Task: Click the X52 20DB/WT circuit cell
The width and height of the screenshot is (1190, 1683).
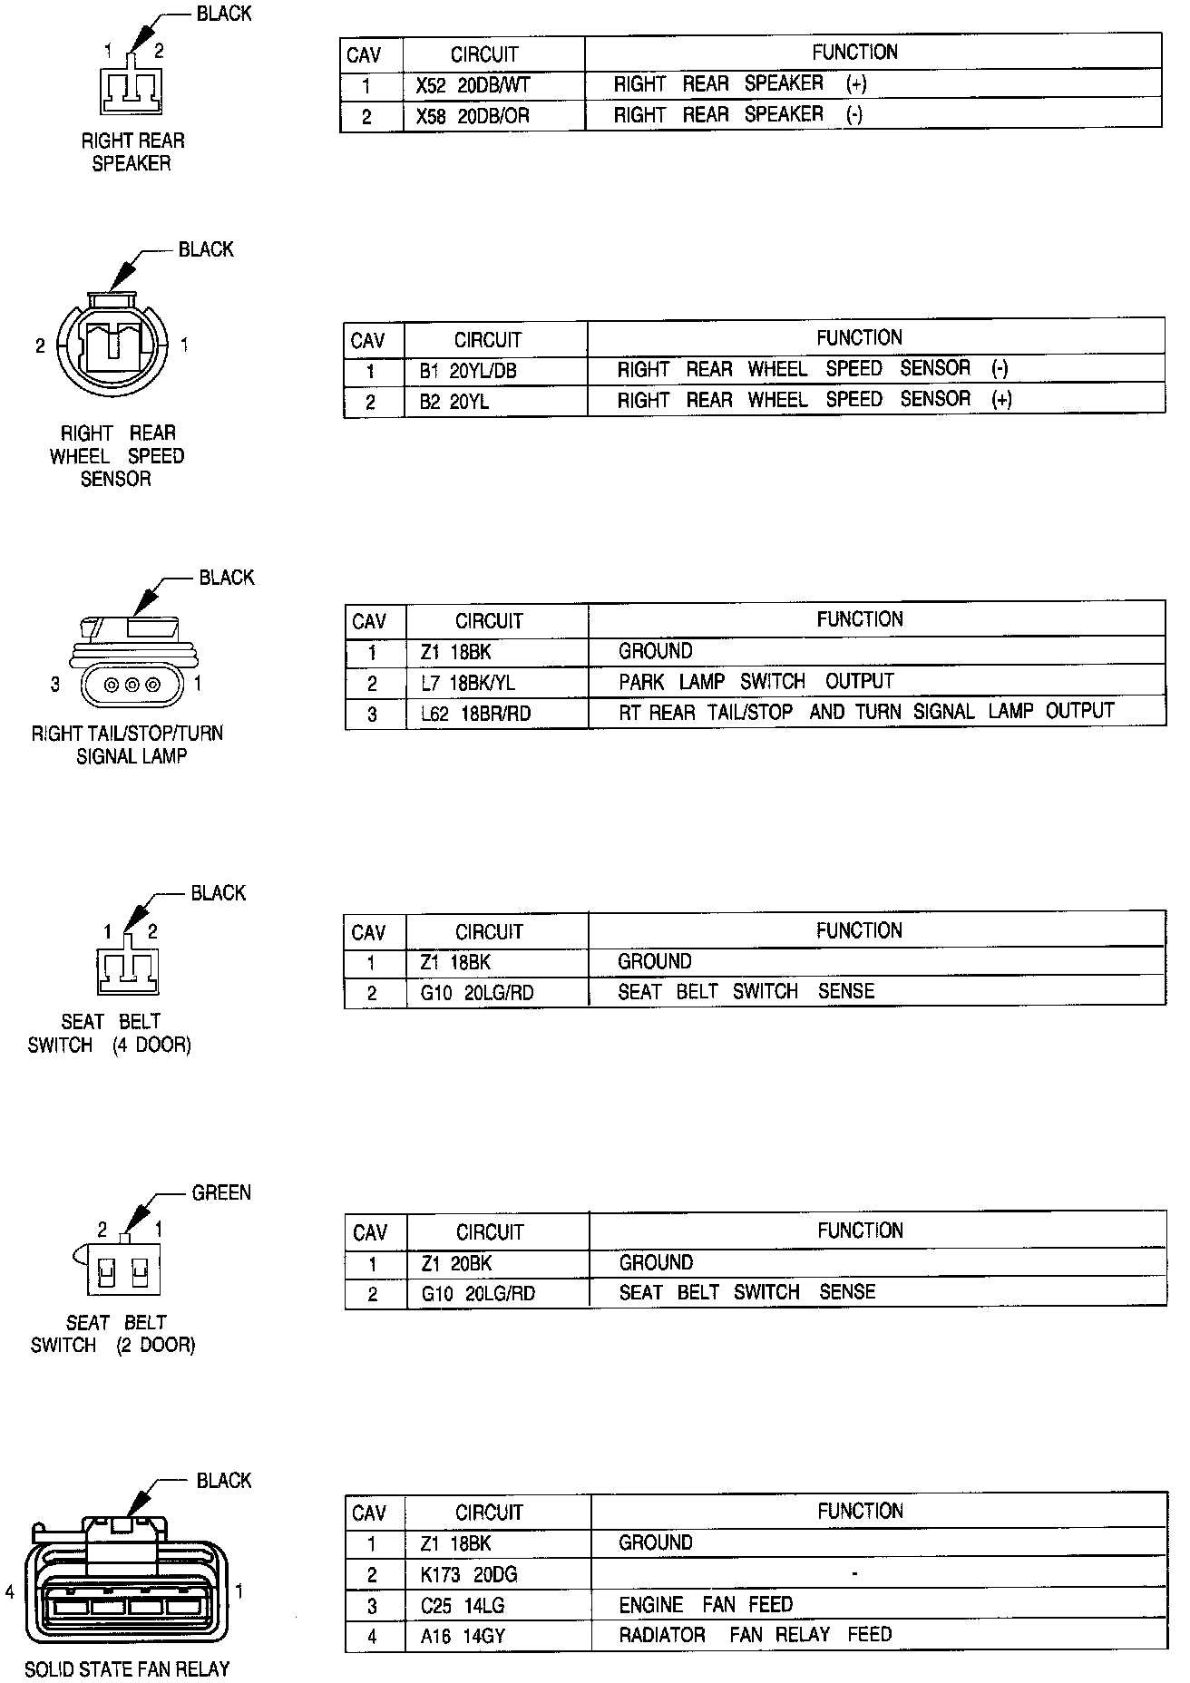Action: pos(473,86)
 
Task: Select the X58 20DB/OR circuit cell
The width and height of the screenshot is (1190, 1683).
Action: pos(473,117)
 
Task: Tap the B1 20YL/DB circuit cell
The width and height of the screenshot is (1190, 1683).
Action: pos(468,371)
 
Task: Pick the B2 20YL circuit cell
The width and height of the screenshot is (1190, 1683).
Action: pos(454,402)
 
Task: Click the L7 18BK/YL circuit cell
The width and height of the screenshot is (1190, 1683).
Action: pos(468,683)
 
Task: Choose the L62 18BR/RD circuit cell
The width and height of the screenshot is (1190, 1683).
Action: pos(476,714)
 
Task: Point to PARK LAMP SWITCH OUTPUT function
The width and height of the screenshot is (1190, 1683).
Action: pos(756,682)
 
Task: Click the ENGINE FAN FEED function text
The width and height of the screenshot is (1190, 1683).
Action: pos(706,1604)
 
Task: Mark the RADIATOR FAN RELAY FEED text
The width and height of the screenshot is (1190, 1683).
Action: pos(756,1635)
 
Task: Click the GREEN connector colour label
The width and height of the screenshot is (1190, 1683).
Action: pos(221,1192)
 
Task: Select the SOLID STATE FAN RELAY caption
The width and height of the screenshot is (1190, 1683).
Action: pos(127,1668)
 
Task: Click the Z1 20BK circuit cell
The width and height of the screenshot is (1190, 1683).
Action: pos(457,1263)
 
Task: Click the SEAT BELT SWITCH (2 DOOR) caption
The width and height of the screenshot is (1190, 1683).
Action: pos(113,1333)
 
